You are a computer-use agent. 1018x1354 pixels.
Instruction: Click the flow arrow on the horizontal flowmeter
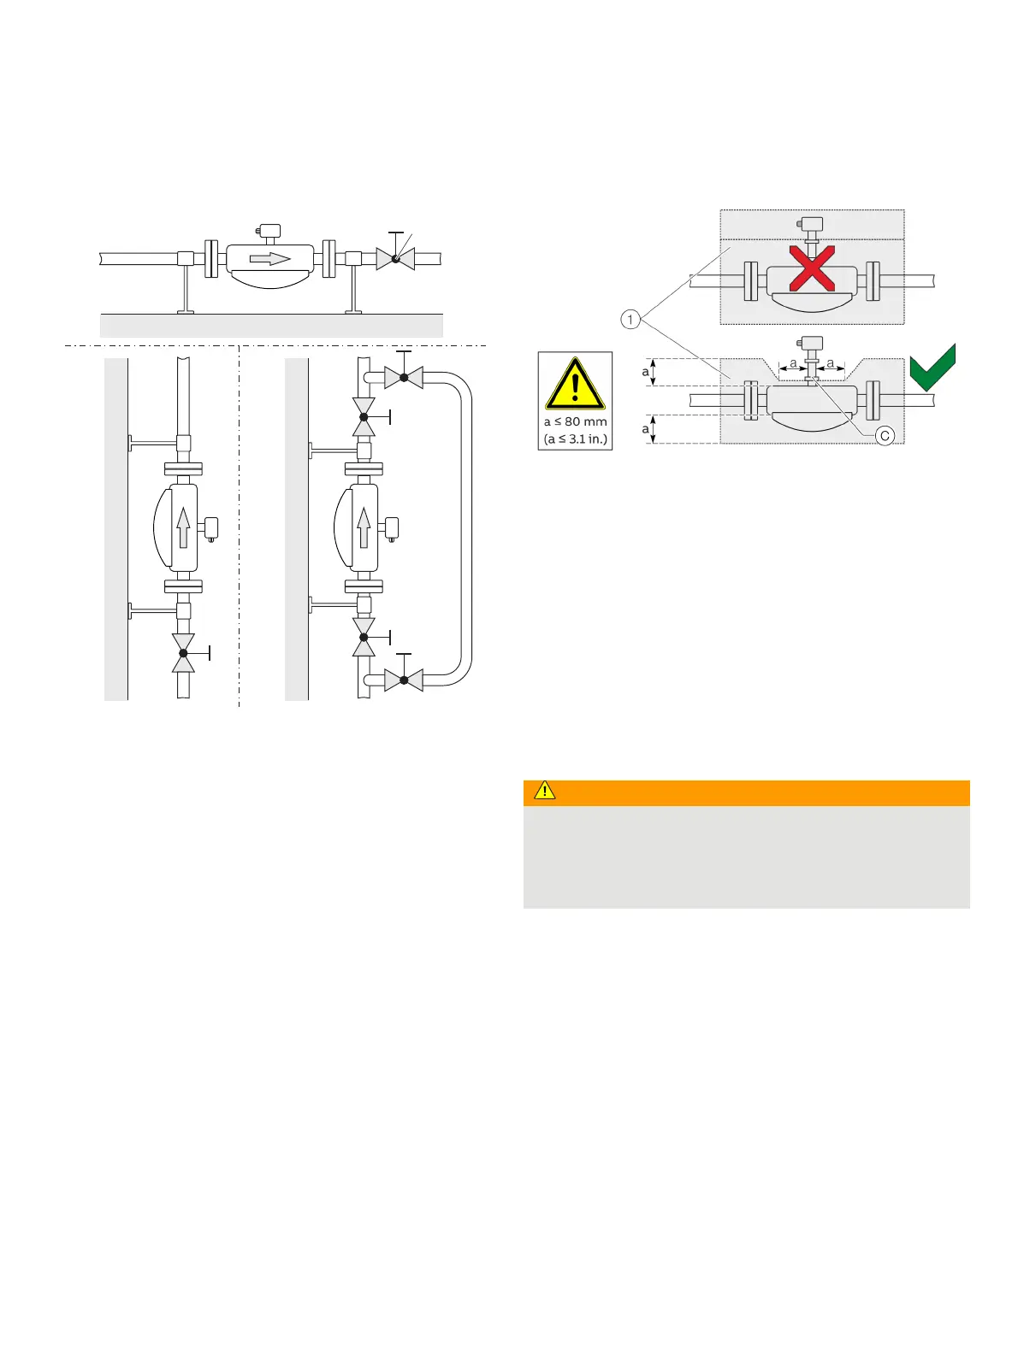(x=269, y=258)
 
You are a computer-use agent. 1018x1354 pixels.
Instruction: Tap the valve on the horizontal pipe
(x=395, y=258)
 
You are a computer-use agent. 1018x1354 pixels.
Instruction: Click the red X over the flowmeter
(x=812, y=268)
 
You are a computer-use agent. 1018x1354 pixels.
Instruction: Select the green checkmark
(x=932, y=368)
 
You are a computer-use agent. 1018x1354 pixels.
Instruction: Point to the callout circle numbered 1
(x=630, y=320)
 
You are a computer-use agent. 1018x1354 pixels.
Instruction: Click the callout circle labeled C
(x=885, y=436)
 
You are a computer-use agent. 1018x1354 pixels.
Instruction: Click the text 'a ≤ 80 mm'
(x=575, y=422)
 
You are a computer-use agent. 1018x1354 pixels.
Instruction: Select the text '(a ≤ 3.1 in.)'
(x=575, y=439)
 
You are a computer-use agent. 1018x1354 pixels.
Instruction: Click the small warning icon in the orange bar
(x=544, y=792)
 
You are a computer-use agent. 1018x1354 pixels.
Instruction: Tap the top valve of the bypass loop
(x=404, y=377)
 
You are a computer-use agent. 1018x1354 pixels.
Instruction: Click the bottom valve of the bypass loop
(x=404, y=680)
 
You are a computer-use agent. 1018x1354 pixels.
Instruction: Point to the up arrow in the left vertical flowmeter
(x=183, y=527)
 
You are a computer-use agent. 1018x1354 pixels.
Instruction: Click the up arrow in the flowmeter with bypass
(x=364, y=527)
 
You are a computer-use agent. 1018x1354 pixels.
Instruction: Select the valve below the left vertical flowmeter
(x=183, y=653)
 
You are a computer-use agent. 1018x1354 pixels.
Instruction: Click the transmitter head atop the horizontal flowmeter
(x=269, y=231)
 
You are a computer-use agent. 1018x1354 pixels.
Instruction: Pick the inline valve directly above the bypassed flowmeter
(x=364, y=417)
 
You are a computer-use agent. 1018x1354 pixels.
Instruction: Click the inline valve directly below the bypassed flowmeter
(x=364, y=638)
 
